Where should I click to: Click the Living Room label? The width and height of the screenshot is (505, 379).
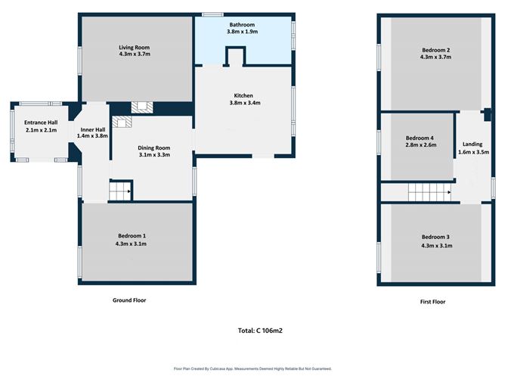pos(135,48)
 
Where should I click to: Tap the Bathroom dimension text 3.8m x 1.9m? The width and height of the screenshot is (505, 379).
pos(242,32)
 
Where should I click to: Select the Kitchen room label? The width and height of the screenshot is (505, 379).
pos(243,96)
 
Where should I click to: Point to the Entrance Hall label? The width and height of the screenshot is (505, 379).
pos(41,123)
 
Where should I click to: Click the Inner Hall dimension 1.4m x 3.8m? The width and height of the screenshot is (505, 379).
pos(92,136)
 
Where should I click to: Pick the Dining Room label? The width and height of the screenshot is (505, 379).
pos(154,148)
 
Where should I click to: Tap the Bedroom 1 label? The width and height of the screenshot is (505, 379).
pos(132,236)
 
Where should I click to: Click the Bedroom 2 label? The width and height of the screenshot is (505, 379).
pos(435,50)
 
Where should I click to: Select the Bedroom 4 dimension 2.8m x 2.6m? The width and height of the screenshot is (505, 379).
pos(420,145)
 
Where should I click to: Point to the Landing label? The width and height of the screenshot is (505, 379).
pos(472,144)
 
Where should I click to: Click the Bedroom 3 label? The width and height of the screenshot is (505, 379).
pos(435,238)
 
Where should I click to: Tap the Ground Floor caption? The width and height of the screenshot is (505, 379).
pos(129,300)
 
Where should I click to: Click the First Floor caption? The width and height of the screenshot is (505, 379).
pos(432,302)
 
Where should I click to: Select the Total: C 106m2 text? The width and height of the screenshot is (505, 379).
pos(260,331)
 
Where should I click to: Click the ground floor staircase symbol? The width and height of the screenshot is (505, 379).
pos(119,191)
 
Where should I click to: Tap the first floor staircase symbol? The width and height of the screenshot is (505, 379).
pos(429,192)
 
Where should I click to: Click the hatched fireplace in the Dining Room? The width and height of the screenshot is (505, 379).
pos(122,123)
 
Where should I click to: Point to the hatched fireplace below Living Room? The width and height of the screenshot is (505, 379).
pos(142,107)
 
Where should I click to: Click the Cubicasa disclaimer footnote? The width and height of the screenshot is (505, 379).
pos(253,368)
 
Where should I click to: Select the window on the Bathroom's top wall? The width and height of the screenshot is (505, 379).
pos(212,14)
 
